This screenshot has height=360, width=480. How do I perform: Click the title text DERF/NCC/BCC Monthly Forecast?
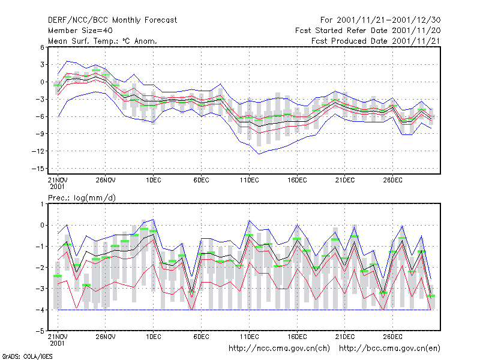coord(112,20)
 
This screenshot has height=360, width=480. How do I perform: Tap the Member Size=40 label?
coord(80,31)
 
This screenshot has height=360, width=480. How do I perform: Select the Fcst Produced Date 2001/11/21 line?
coord(376,41)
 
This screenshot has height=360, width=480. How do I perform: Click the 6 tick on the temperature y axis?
coord(42,47)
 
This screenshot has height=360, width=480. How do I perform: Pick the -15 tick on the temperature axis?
coord(38,169)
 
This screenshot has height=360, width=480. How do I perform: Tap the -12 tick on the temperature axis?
coord(38,151)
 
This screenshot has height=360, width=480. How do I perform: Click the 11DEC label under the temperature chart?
coord(249,180)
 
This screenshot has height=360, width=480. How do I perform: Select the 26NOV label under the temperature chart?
coord(106,180)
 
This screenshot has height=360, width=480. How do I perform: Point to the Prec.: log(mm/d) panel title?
coord(82,198)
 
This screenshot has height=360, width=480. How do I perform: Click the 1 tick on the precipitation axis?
coord(42,204)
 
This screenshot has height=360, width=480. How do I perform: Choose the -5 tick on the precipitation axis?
coord(40,331)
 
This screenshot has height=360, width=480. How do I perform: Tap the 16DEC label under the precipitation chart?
coord(297,337)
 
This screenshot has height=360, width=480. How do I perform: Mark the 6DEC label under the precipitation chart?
coord(201,337)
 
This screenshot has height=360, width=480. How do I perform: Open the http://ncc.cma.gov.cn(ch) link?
coord(279,349)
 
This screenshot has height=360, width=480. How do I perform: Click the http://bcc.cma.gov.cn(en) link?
coord(389,349)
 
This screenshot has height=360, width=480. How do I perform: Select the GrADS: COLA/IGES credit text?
coord(27,356)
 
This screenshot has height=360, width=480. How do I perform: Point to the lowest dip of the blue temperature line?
coord(259,154)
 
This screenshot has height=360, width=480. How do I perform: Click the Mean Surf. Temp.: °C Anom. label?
coord(103,41)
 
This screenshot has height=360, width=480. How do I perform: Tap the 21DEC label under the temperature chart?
coord(345,180)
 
